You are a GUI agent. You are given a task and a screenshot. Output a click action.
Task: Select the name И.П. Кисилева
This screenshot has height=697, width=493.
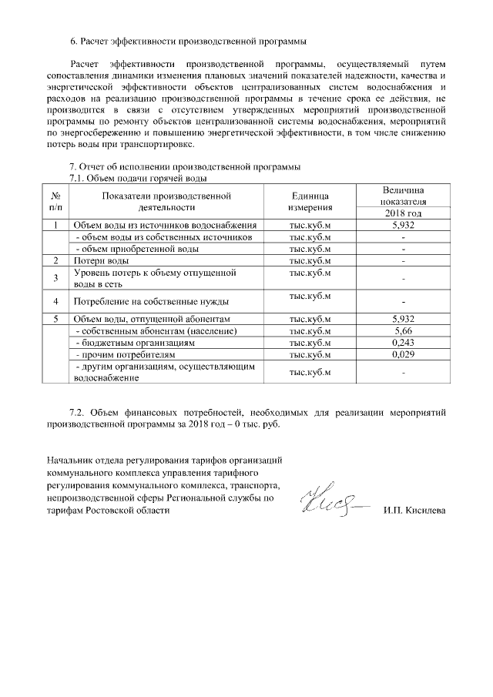(x=414, y=511)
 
